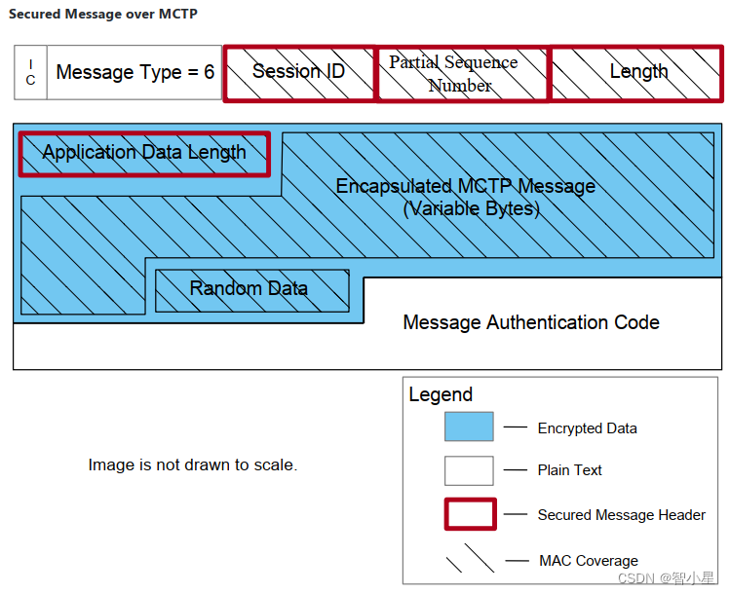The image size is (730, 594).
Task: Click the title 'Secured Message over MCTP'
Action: point(103,15)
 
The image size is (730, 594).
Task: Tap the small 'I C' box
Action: point(30,72)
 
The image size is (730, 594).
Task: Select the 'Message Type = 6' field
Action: point(134,72)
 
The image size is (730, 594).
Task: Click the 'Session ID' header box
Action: point(298,72)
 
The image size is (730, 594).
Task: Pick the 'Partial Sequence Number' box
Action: point(461,73)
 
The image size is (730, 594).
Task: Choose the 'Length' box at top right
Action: point(637,72)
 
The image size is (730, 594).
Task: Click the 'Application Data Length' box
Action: point(144,153)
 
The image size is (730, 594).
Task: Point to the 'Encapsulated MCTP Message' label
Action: point(465,186)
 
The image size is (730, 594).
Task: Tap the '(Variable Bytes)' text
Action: point(471,208)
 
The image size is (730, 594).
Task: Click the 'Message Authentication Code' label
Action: point(531,322)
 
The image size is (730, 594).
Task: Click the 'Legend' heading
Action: point(441,394)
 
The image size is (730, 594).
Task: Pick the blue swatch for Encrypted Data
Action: point(469,427)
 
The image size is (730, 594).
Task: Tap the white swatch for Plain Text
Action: point(469,470)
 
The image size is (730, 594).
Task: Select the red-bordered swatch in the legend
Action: point(470,514)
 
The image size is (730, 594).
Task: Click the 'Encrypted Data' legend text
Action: point(587,428)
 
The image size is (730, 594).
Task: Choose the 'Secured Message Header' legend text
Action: point(621,515)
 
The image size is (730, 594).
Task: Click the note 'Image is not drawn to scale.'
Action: point(192,465)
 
